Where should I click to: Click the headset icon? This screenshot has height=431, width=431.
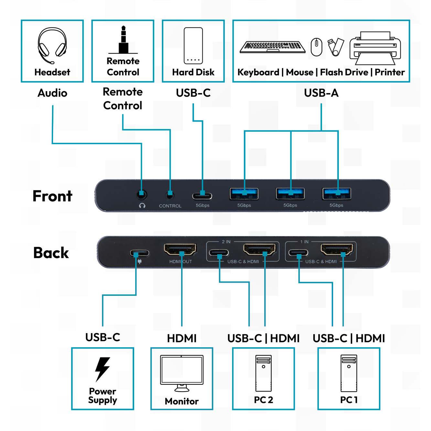pos(52,45)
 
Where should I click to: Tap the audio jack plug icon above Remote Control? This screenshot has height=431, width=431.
pos(123,40)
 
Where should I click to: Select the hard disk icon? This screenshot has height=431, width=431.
pos(193,46)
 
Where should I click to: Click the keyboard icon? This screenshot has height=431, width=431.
pos(273,47)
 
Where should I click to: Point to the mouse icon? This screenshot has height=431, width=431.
pos(317,47)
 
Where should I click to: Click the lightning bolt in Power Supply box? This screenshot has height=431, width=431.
pos(102,369)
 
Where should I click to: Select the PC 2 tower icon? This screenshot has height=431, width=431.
pos(264,373)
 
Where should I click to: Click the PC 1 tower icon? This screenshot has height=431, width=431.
pos(349,373)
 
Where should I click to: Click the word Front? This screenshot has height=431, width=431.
pos(52,196)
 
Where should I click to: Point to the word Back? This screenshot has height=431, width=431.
pos(51,253)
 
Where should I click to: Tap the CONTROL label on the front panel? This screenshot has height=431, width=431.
pos(170,206)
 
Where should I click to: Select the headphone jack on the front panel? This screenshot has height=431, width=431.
pos(141,195)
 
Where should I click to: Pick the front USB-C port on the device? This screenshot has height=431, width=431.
pos(202,196)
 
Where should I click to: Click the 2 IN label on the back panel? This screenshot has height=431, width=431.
pos(226,242)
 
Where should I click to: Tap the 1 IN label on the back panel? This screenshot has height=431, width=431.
pos(304,242)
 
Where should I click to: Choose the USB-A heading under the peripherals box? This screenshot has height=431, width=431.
pos(321,93)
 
